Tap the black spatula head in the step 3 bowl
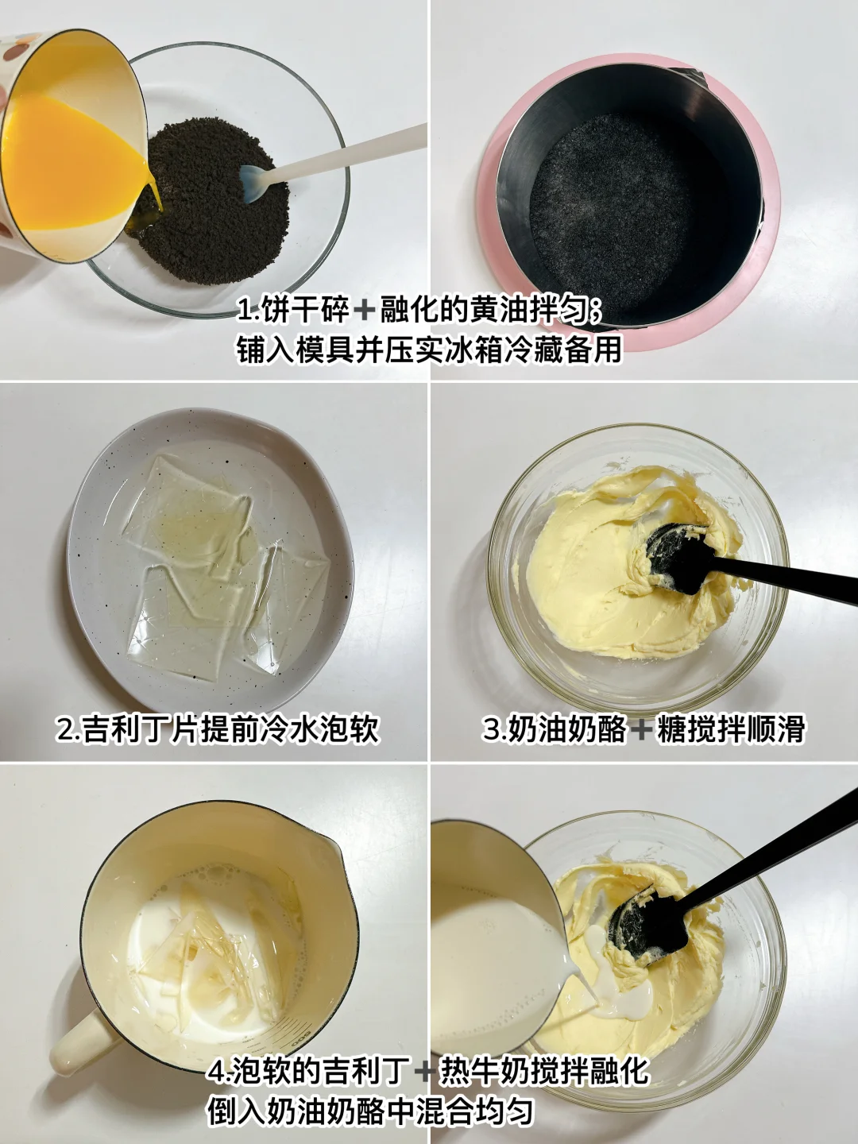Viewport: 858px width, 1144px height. pyautogui.click(x=675, y=558)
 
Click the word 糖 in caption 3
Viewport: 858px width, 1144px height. pyautogui.click(x=670, y=728)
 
